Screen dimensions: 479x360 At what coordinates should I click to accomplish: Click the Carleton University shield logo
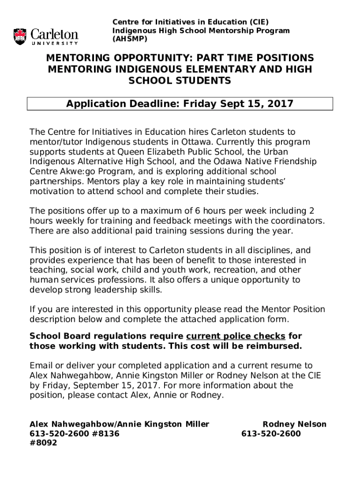pos(20,36)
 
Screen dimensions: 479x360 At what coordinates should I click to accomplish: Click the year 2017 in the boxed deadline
pos(280,104)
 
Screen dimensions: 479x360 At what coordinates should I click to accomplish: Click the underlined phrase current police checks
pos(236,336)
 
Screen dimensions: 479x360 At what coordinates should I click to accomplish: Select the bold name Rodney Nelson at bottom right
pos(295,424)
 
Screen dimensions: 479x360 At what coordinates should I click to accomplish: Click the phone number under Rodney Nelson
pos(271,434)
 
